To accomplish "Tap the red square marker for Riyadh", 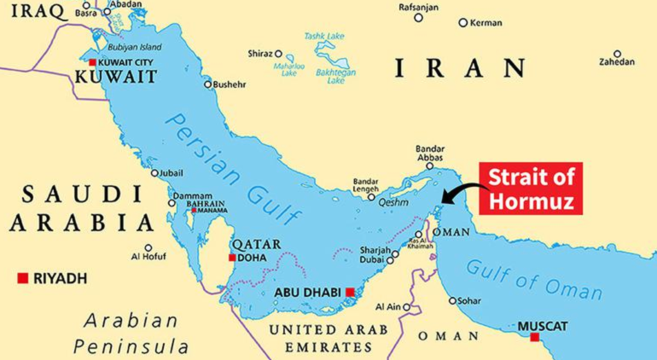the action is (23, 278).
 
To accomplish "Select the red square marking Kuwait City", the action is (93, 63).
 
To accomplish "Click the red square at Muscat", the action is (534, 338).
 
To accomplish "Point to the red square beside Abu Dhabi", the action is (350, 293).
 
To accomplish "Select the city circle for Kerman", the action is (463, 23).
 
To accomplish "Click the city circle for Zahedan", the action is (617, 52).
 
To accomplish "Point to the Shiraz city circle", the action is (278, 53).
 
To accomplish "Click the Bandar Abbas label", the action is (430, 153).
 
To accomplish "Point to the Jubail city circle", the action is (154, 173).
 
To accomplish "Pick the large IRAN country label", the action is (460, 67).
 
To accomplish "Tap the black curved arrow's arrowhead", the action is (438, 204).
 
